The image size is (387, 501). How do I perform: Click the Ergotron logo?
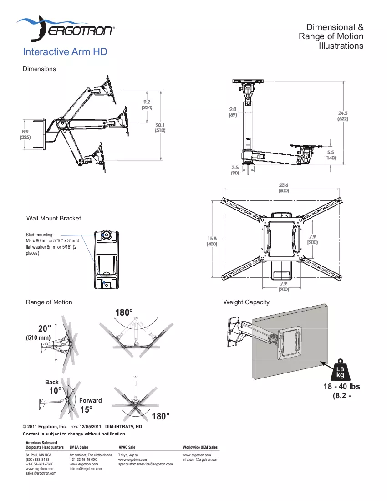tap(66, 29)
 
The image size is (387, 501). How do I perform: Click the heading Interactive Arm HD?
tap(65, 52)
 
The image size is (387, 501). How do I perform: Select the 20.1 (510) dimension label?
tap(160, 128)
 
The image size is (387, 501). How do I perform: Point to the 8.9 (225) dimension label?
tap(25, 134)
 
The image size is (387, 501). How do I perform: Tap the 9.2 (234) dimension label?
tap(147, 105)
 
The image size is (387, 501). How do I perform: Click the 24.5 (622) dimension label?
tap(343, 116)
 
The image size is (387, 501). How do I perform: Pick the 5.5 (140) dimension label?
tap(331, 155)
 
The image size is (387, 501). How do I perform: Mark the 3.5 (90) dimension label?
tap(235, 170)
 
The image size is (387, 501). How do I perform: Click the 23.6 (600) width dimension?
tap(284, 188)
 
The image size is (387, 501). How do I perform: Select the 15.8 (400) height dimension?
tap(212, 241)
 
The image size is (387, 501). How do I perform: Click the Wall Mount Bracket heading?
tap(54, 218)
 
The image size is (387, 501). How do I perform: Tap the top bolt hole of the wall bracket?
tap(107, 235)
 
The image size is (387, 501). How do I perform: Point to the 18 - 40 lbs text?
tap(341, 386)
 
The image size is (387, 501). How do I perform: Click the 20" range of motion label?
tap(45, 328)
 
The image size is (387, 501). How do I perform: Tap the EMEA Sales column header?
tap(79, 447)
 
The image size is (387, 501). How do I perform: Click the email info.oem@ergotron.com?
tap(200, 460)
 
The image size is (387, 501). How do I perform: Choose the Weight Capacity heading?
tap(246, 302)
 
